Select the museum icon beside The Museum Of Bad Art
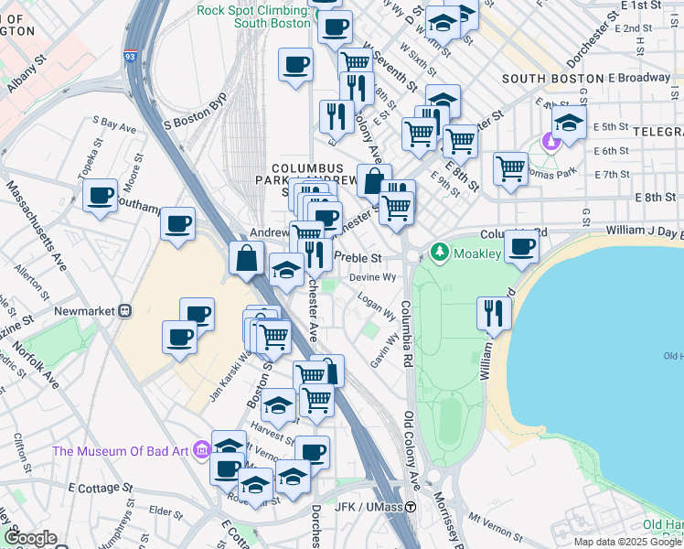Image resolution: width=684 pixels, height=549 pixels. tap(203, 449)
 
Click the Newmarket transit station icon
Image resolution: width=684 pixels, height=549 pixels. tap(125, 310)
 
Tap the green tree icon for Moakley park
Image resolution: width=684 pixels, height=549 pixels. tap(440, 251)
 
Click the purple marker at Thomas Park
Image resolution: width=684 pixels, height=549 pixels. tap(550, 142)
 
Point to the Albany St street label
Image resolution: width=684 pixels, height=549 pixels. tap(27, 74)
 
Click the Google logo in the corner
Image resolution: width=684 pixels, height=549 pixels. tap(31, 538)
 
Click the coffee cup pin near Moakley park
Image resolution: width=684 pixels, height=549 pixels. tap(522, 246)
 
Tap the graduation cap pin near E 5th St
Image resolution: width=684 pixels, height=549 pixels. tap(569, 123)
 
